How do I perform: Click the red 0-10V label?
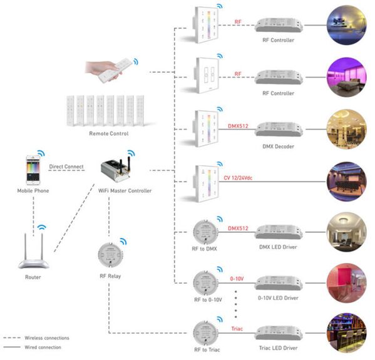pos(238,277)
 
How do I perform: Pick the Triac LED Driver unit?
pos(279,332)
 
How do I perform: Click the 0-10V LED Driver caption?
pos(279,299)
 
